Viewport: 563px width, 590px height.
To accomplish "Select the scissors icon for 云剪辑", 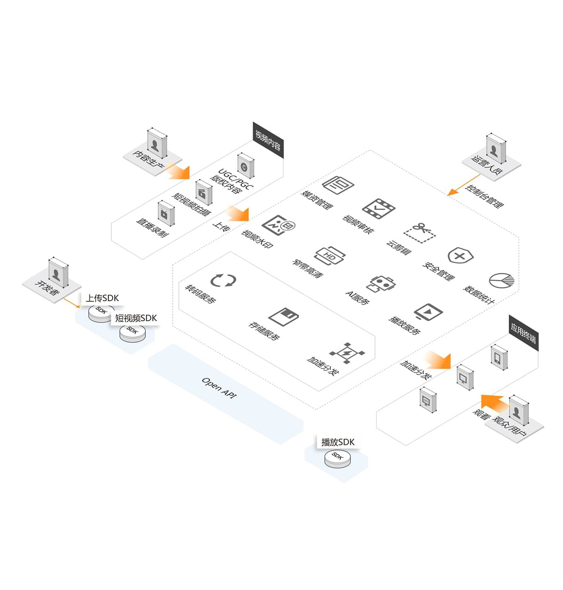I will pos(420,232).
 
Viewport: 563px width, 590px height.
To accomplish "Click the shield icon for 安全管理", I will pos(460,256).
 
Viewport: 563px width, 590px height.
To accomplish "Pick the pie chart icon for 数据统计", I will pos(501,280).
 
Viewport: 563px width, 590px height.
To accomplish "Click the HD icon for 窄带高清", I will pos(330,256).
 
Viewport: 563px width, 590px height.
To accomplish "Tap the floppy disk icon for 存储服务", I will pos(284,317).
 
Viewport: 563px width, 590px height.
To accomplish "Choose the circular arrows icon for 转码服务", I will pos(223,280).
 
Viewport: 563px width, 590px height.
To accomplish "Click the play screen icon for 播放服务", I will pos(428,311).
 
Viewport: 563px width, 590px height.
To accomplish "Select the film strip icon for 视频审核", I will pos(378,208).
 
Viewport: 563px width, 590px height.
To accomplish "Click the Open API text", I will pos(219,388).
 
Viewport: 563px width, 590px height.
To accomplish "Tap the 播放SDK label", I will pos(338,442).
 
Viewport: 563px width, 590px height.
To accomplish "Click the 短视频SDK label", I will pos(136,318).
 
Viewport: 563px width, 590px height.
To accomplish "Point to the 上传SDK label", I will pos(102,298).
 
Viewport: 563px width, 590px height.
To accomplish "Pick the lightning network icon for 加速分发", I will pos(347,353).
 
